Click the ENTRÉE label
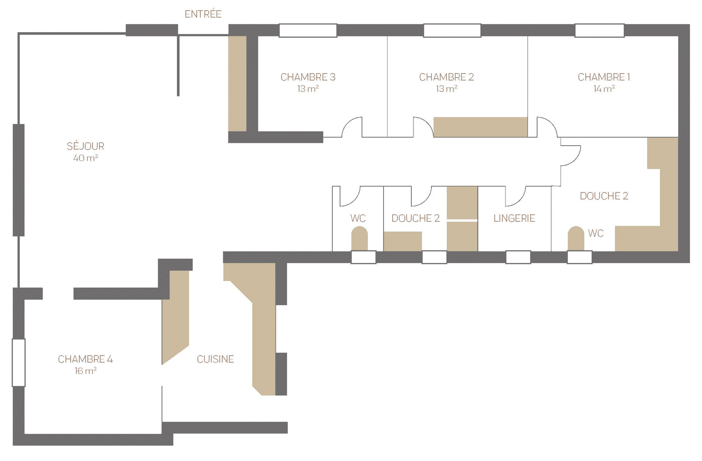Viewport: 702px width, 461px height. pyautogui.click(x=203, y=14)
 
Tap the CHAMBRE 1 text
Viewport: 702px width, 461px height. pyautogui.click(x=604, y=77)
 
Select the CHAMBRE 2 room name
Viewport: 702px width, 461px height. pyautogui.click(x=446, y=77)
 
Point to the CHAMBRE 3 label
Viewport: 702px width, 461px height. pyautogui.click(x=308, y=77)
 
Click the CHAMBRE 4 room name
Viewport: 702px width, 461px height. pyautogui.click(x=85, y=359)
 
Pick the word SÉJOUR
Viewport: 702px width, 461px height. pyautogui.click(x=85, y=146)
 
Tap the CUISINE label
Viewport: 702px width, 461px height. pyautogui.click(x=215, y=359)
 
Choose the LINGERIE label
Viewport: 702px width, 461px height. pyautogui.click(x=514, y=218)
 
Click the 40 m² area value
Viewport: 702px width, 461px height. pyautogui.click(x=85, y=158)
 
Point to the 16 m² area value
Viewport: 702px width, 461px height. pyautogui.click(x=85, y=371)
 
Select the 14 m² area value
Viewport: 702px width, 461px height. pyautogui.click(x=604, y=89)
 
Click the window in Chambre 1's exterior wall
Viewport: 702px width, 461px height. pyautogui.click(x=599, y=30)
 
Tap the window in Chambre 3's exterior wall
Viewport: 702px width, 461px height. pyautogui.click(x=308, y=30)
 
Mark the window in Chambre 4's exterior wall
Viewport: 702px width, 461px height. pyautogui.click(x=19, y=363)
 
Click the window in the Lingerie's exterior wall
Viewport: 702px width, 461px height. pyautogui.click(x=518, y=257)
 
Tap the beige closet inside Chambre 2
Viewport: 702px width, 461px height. pyautogui.click(x=481, y=127)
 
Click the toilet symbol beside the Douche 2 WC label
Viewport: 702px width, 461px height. pyautogui.click(x=576, y=238)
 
